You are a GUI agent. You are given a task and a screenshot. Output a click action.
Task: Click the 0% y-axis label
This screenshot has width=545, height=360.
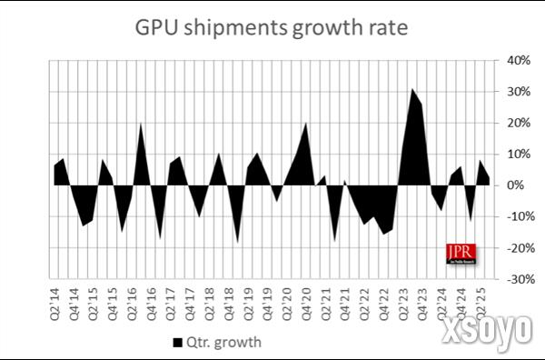[519, 185]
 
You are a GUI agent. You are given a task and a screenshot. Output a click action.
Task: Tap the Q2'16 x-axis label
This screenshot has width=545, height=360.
[133, 299]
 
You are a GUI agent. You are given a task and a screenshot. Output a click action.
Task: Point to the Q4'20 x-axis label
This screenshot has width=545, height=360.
[306, 299]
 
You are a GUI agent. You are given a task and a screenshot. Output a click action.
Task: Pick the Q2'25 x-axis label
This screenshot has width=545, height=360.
[481, 299]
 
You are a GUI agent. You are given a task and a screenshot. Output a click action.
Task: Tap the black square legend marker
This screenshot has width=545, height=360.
[176, 343]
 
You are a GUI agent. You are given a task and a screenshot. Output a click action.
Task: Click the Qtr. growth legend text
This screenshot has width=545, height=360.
[223, 343]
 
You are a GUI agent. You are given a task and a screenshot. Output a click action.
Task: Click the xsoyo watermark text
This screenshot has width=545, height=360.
[488, 333]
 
